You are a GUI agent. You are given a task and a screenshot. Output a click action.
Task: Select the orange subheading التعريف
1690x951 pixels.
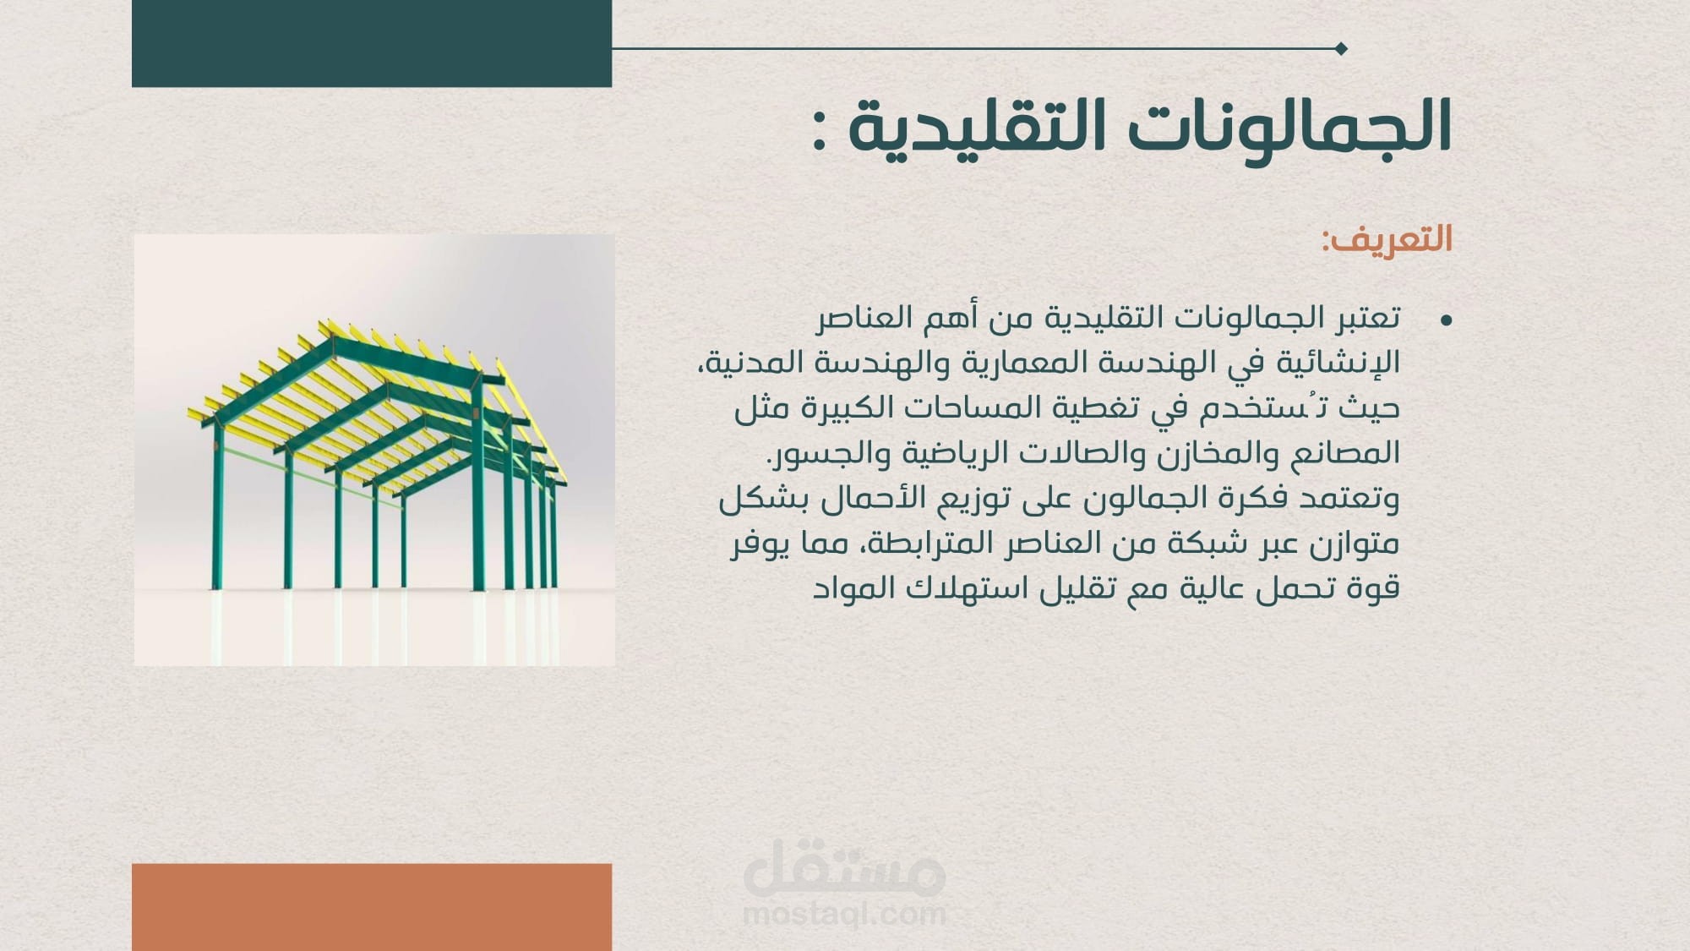coord(1387,239)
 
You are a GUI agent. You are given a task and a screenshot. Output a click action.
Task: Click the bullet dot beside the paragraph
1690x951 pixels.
coord(1446,320)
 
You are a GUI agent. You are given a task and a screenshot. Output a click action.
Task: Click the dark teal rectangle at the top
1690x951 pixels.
coord(372,43)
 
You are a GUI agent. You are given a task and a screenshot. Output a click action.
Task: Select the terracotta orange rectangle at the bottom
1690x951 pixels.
coord(372,907)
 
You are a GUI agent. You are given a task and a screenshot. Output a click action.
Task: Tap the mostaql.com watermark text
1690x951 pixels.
coord(844,914)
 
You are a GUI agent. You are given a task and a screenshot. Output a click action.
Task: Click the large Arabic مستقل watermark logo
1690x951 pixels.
coord(844,866)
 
